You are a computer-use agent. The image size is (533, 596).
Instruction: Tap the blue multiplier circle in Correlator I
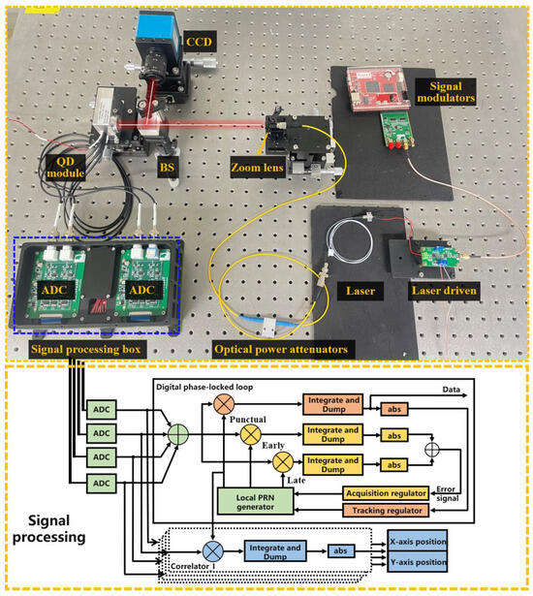click(x=212, y=553)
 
